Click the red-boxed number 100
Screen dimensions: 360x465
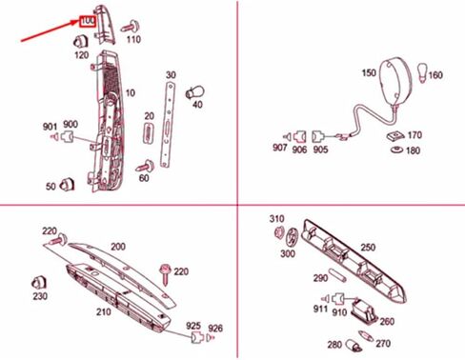click(87, 19)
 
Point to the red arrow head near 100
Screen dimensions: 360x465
click(76, 22)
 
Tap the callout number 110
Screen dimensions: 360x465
click(132, 40)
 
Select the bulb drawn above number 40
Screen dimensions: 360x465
click(198, 89)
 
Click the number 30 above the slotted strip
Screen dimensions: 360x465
click(172, 74)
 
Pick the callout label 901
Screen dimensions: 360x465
click(50, 126)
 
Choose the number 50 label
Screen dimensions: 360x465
click(50, 187)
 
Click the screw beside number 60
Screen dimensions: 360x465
click(144, 166)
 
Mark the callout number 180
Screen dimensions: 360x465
click(412, 150)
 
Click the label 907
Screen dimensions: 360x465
click(279, 148)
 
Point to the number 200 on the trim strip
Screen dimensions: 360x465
click(117, 246)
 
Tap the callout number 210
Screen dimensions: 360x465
click(103, 310)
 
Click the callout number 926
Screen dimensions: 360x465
click(215, 328)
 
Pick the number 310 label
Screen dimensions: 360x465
click(277, 218)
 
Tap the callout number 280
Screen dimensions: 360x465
click(334, 345)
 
